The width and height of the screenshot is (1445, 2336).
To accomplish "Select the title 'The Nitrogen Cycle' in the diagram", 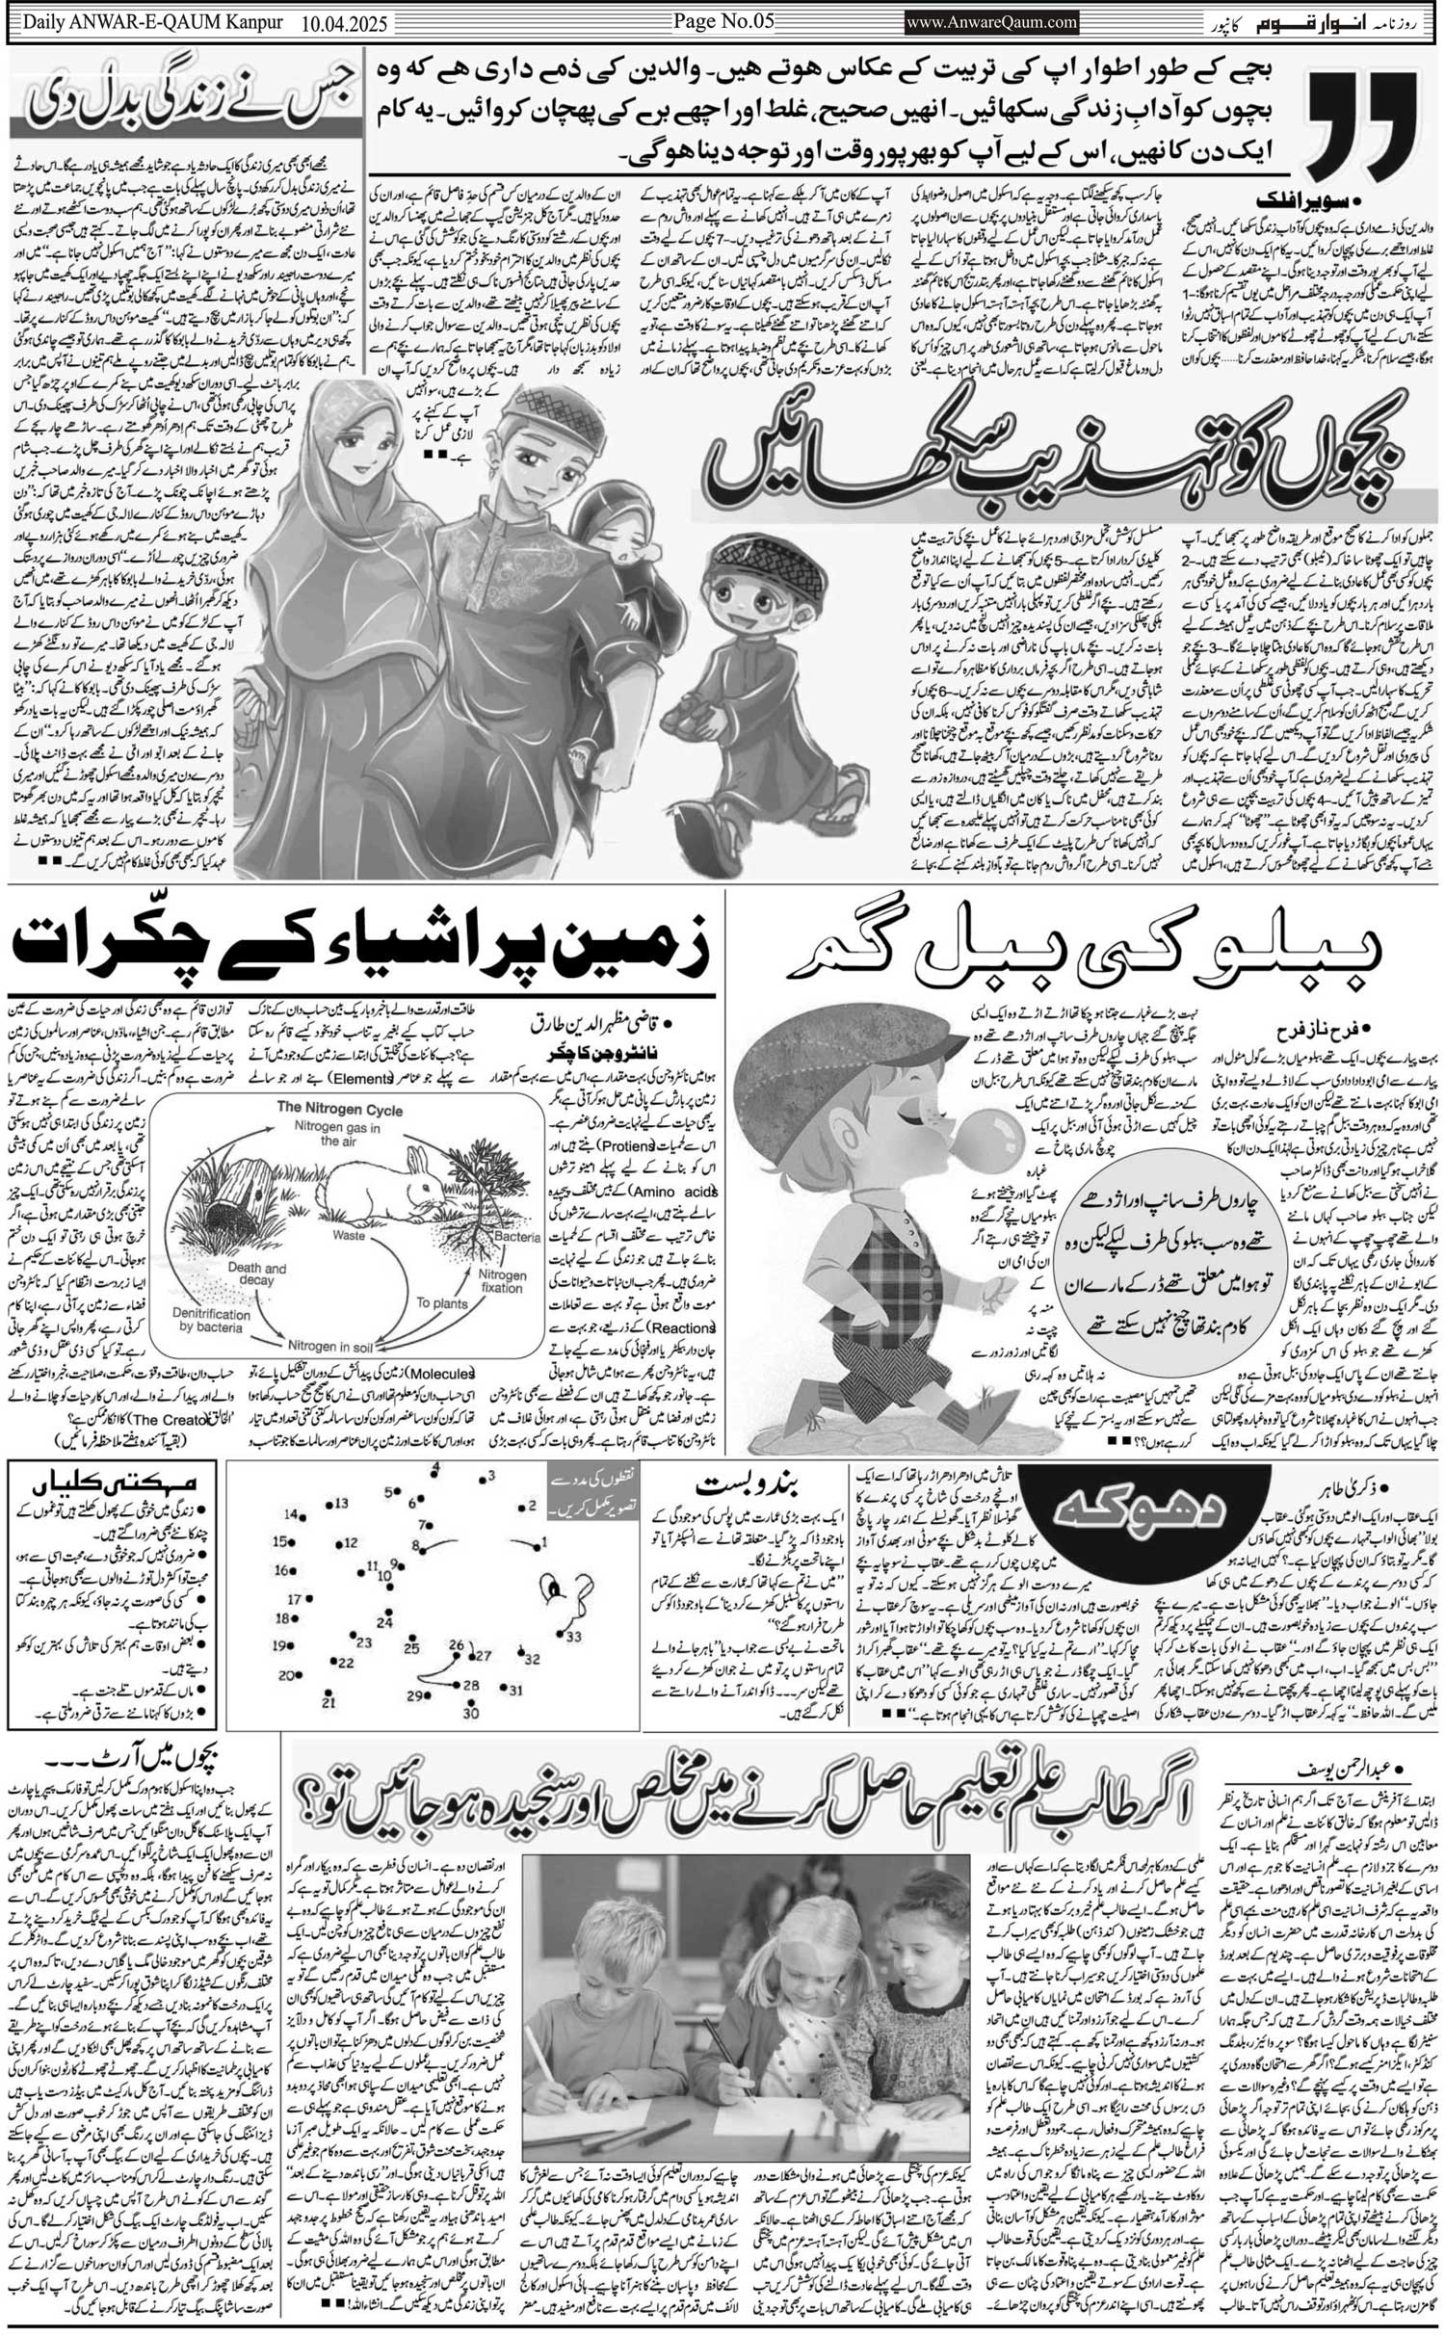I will [340, 1109].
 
